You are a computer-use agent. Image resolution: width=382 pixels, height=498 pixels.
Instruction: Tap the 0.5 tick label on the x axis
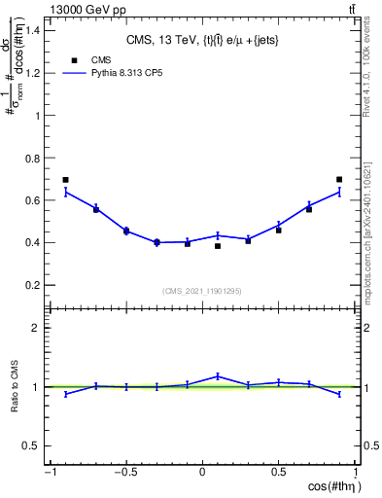[279, 472]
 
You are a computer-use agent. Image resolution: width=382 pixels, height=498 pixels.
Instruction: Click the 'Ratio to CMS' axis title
[16, 402]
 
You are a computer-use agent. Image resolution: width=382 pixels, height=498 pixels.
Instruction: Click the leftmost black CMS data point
[65, 180]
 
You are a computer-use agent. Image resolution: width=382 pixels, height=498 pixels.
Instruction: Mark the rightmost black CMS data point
[339, 180]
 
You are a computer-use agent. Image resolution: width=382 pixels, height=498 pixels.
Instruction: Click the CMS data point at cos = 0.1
[218, 246]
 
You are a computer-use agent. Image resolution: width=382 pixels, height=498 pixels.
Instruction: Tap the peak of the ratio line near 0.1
[218, 375]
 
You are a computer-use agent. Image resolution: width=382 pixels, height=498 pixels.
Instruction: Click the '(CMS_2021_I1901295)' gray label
[202, 291]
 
